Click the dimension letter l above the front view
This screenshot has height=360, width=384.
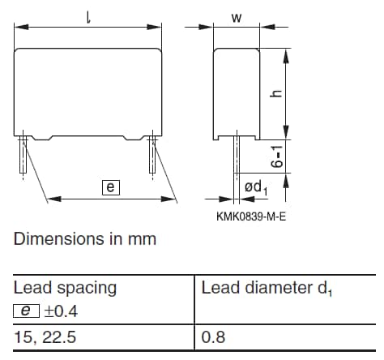tap(87, 15)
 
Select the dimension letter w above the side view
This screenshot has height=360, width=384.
tap(237, 18)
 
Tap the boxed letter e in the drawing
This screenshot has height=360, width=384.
tap(110, 187)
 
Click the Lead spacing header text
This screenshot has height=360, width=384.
tap(65, 288)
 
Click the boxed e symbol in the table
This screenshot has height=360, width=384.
tap(24, 309)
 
